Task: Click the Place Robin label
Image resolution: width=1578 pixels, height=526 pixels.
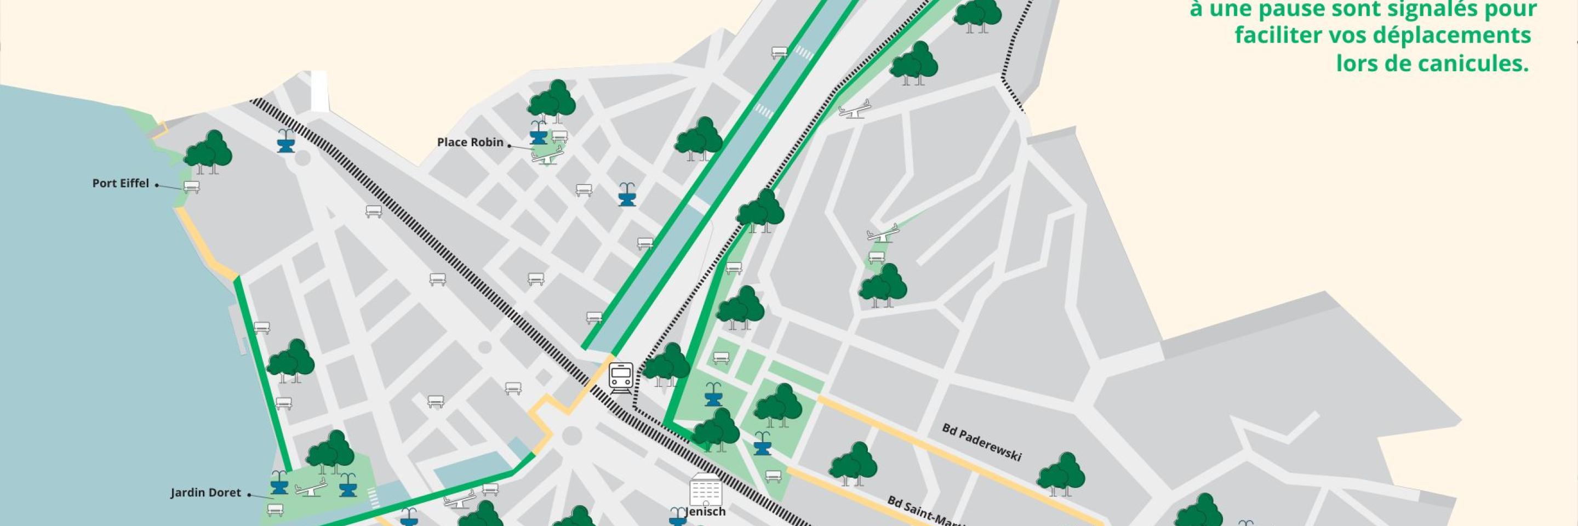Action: pos(470,142)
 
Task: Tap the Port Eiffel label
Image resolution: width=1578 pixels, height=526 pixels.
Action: pos(121,183)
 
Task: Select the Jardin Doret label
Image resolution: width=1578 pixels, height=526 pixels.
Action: pos(206,493)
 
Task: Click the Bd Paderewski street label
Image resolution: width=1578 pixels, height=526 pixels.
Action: pos(981,442)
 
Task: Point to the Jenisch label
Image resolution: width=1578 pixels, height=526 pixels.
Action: pos(706,511)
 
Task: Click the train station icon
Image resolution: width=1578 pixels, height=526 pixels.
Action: pos(621,379)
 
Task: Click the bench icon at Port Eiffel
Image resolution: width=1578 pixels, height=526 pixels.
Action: pos(191,187)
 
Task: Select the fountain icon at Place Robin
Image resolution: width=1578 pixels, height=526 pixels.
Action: pos(539,132)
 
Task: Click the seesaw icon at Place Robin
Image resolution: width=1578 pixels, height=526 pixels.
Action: pos(547,156)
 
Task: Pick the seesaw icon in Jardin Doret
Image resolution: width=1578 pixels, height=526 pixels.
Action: pos(311,489)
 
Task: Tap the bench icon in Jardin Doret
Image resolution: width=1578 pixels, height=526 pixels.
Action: pos(276,509)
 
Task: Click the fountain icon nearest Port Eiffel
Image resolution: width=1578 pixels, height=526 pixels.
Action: pos(285,141)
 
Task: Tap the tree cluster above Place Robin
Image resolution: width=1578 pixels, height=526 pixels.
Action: pos(551,100)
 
